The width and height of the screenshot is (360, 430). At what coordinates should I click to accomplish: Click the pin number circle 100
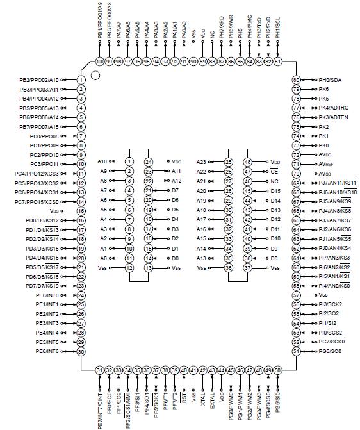(99, 61)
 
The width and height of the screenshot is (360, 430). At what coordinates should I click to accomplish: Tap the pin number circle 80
(296, 79)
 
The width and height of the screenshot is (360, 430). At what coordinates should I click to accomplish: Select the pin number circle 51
(296, 351)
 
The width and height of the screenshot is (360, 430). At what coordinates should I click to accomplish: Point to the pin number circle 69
(296, 183)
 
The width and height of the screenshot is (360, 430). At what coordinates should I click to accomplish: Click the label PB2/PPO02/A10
(39, 79)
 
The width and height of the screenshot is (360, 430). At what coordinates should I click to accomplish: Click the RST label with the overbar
(184, 397)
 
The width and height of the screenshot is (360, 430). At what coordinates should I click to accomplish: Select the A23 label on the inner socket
(200, 162)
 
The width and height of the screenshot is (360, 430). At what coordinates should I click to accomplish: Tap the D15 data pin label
(275, 191)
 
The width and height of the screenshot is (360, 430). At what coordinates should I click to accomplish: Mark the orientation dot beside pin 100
(95, 74)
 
